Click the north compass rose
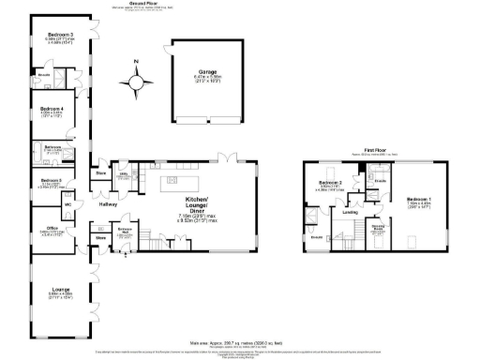click(x=137, y=82)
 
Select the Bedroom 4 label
click(x=52, y=110)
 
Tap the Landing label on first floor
click(x=351, y=212)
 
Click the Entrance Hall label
click(x=125, y=231)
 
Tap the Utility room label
click(x=123, y=174)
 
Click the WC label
click(x=67, y=204)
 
